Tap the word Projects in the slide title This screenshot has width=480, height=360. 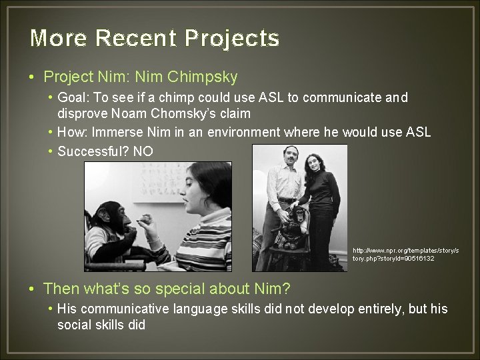[232, 39]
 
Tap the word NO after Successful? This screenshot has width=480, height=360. [143, 151]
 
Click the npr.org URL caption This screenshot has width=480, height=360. [405, 254]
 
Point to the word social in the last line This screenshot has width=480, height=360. [75, 325]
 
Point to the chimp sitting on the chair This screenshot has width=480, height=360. [295, 230]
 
